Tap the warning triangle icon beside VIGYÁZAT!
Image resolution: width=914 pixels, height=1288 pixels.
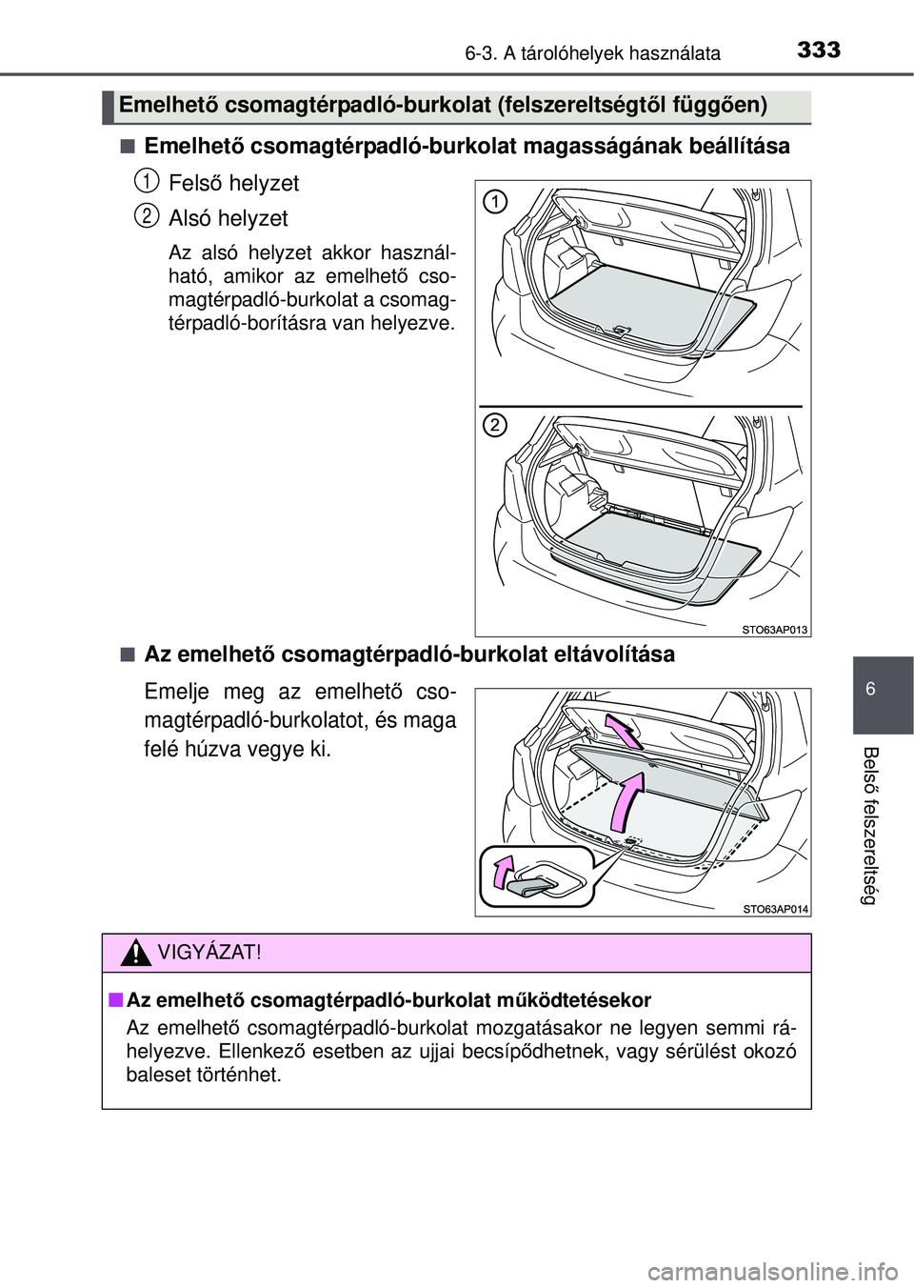138,951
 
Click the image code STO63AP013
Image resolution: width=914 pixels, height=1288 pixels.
773,626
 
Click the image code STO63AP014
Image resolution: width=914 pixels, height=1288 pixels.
775,909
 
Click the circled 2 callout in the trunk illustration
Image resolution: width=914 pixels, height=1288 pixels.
493,425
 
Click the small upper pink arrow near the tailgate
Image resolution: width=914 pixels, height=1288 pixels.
624,733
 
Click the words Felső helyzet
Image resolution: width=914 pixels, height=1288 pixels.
232,182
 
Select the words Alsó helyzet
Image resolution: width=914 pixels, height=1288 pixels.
228,218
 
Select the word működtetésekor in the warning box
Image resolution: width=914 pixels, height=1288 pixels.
583,999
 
